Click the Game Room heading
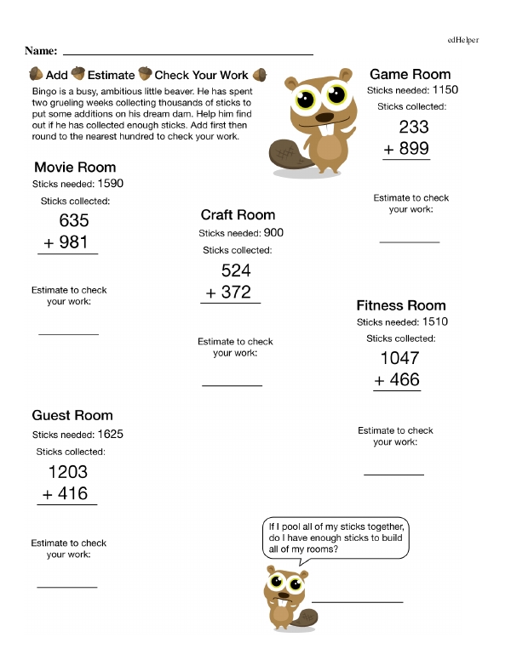[x=410, y=74]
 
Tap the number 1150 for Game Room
[x=445, y=89]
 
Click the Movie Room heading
[x=75, y=168]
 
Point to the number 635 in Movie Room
[x=74, y=221]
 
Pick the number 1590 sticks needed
[x=111, y=183]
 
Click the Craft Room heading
[x=238, y=215]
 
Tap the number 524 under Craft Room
[x=236, y=270]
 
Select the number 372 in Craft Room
[x=236, y=292]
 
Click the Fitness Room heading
[x=400, y=305]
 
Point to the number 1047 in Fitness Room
[x=399, y=358]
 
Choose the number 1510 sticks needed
[x=434, y=321]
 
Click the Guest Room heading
[x=72, y=415]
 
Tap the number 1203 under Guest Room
[x=67, y=472]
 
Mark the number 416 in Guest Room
[x=74, y=493]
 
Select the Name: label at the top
[x=41, y=51]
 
